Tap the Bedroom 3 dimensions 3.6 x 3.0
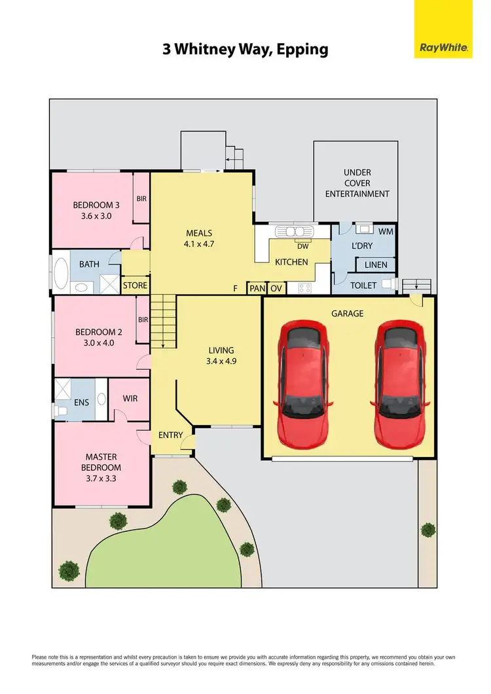pos(92,215)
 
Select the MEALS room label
pos(200,233)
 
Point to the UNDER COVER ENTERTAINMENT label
pos(357,183)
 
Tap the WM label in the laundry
pos(386,231)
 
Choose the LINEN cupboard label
pos(375,265)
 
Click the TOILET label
pos(363,285)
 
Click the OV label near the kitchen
pos(276,288)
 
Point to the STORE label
pos(135,285)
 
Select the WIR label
pos(130,398)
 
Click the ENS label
pos(81,403)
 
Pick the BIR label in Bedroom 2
pos(143,320)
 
